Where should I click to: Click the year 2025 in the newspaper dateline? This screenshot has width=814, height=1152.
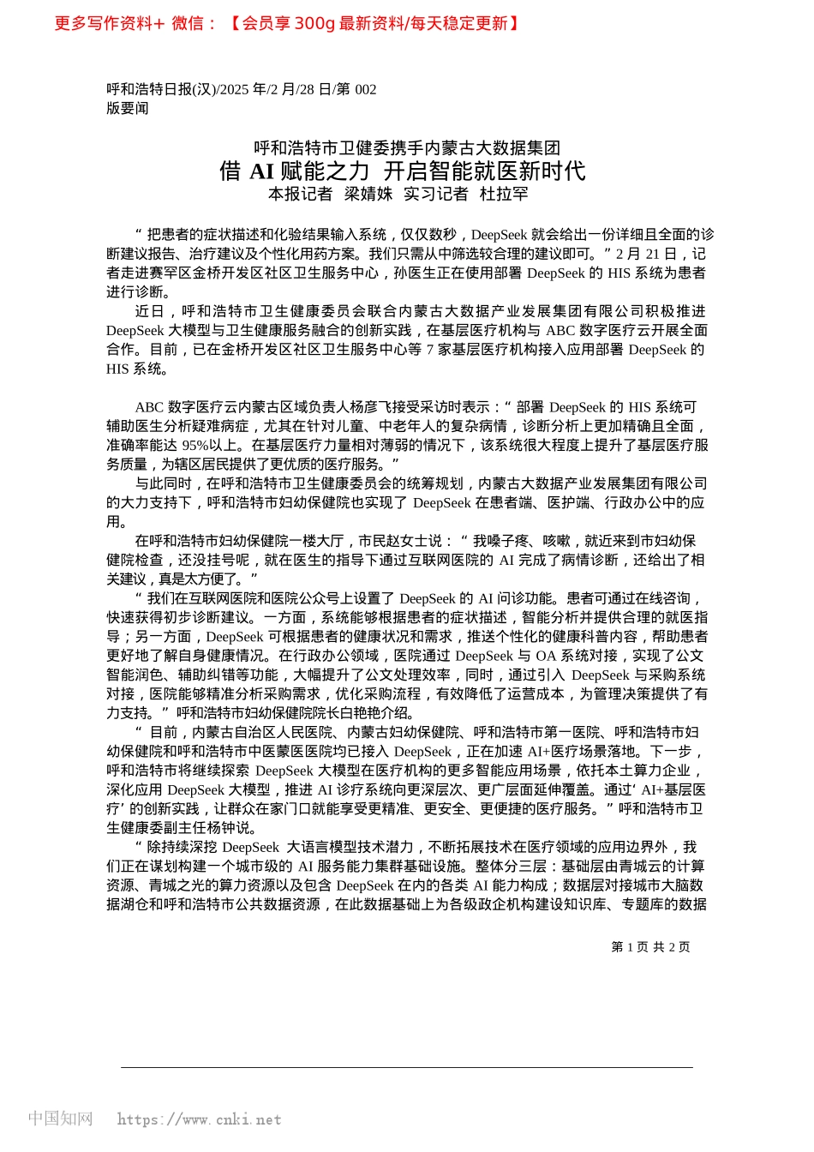(236, 89)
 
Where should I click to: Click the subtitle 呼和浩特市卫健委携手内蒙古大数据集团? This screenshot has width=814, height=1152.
(407, 148)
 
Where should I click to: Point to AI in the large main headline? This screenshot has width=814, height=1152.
(261, 171)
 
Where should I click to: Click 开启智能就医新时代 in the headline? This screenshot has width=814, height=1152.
(484, 171)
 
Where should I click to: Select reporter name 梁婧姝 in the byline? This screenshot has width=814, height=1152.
(368, 195)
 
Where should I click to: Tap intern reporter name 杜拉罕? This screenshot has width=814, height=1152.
(504, 195)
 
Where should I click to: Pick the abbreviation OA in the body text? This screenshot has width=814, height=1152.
(546, 656)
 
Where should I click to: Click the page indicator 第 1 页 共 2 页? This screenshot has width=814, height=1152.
(650, 947)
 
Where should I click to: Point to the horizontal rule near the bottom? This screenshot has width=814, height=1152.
(407, 1067)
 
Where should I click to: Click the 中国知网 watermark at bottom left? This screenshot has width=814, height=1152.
(60, 1119)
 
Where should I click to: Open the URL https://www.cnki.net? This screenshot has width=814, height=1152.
(199, 1119)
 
